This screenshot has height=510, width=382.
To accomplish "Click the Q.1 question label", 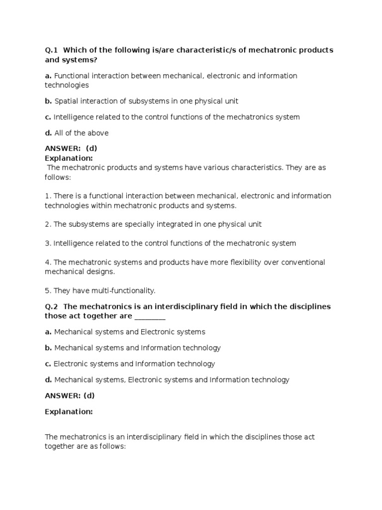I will (52, 50).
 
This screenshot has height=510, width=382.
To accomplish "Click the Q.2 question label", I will (52, 306).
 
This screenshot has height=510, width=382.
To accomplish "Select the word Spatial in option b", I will (66, 101).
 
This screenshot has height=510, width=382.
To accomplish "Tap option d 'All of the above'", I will (81, 133).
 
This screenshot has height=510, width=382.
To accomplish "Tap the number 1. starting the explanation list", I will (48, 196).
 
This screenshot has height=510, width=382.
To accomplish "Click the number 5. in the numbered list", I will (48, 290).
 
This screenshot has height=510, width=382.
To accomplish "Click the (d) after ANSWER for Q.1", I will (91, 149).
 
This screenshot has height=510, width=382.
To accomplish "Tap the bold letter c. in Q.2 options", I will (48, 364).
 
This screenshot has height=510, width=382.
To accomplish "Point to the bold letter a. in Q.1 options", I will (48, 76).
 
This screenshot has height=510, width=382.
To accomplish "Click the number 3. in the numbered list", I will (48, 244).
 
